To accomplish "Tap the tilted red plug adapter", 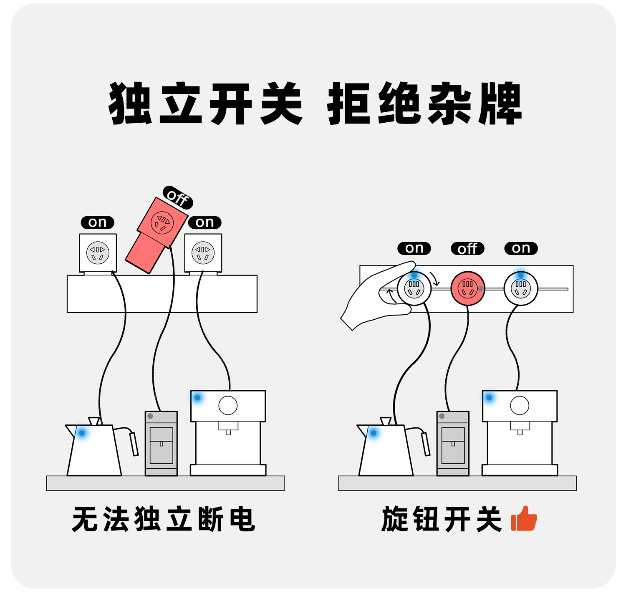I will coord(156,236).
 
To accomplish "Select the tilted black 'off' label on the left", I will coord(178,197).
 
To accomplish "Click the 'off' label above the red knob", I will coord(467,249).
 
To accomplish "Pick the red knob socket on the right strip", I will coord(467,288).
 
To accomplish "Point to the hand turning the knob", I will coord(376,296).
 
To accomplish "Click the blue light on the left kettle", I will coord(82,433).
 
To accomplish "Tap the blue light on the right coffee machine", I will coord(489,397).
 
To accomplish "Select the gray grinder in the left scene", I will coord(161,443).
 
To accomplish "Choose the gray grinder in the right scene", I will coord(453,443).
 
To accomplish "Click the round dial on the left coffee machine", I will coord(228,405).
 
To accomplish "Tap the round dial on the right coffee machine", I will coord(520,405).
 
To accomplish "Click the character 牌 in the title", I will coord(500,104).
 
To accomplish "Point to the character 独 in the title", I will coord(130,104).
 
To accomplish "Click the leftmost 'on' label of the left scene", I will coord(97,222).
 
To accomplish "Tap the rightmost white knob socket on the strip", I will coord(521,288).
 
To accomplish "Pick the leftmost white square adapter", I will coord(98,253).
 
